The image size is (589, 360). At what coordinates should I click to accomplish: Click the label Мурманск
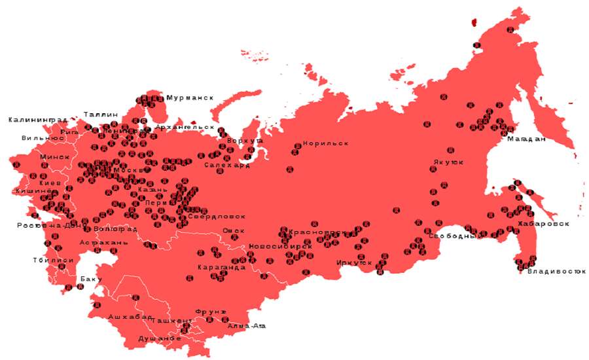tap(190, 98)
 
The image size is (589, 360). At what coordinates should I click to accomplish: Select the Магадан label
tap(526, 139)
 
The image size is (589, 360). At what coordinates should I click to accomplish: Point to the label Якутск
tap(448, 162)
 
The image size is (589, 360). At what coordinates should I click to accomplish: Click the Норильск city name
tap(325, 143)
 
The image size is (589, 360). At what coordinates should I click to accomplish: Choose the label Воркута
tap(245, 141)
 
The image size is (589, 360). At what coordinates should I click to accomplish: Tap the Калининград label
tap(37, 120)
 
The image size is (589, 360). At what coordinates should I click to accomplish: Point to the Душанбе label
tap(159, 338)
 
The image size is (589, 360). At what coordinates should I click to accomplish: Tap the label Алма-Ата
tap(247, 325)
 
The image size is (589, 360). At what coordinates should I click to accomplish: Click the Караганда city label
tap(221, 268)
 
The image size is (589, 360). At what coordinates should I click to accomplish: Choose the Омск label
tap(233, 230)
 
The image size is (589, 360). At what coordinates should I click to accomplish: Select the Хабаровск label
tap(543, 224)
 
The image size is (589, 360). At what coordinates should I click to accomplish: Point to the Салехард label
tap(226, 166)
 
